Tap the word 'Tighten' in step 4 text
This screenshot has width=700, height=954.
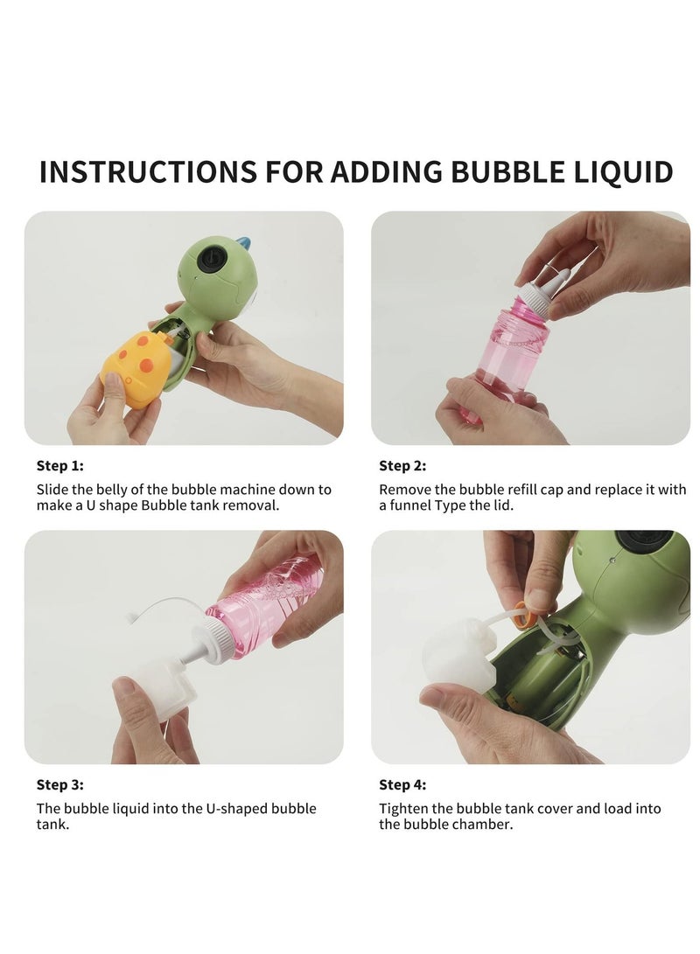click(x=402, y=809)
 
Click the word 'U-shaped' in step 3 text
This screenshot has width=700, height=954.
click(x=211, y=809)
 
